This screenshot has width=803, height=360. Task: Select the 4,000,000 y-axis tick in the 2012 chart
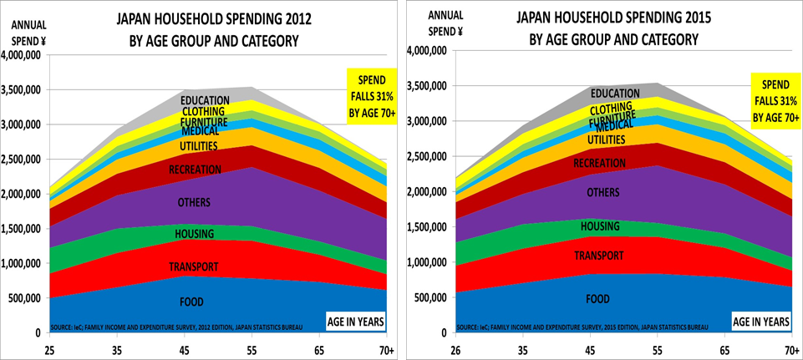24,55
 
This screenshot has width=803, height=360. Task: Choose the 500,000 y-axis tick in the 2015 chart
428,297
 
